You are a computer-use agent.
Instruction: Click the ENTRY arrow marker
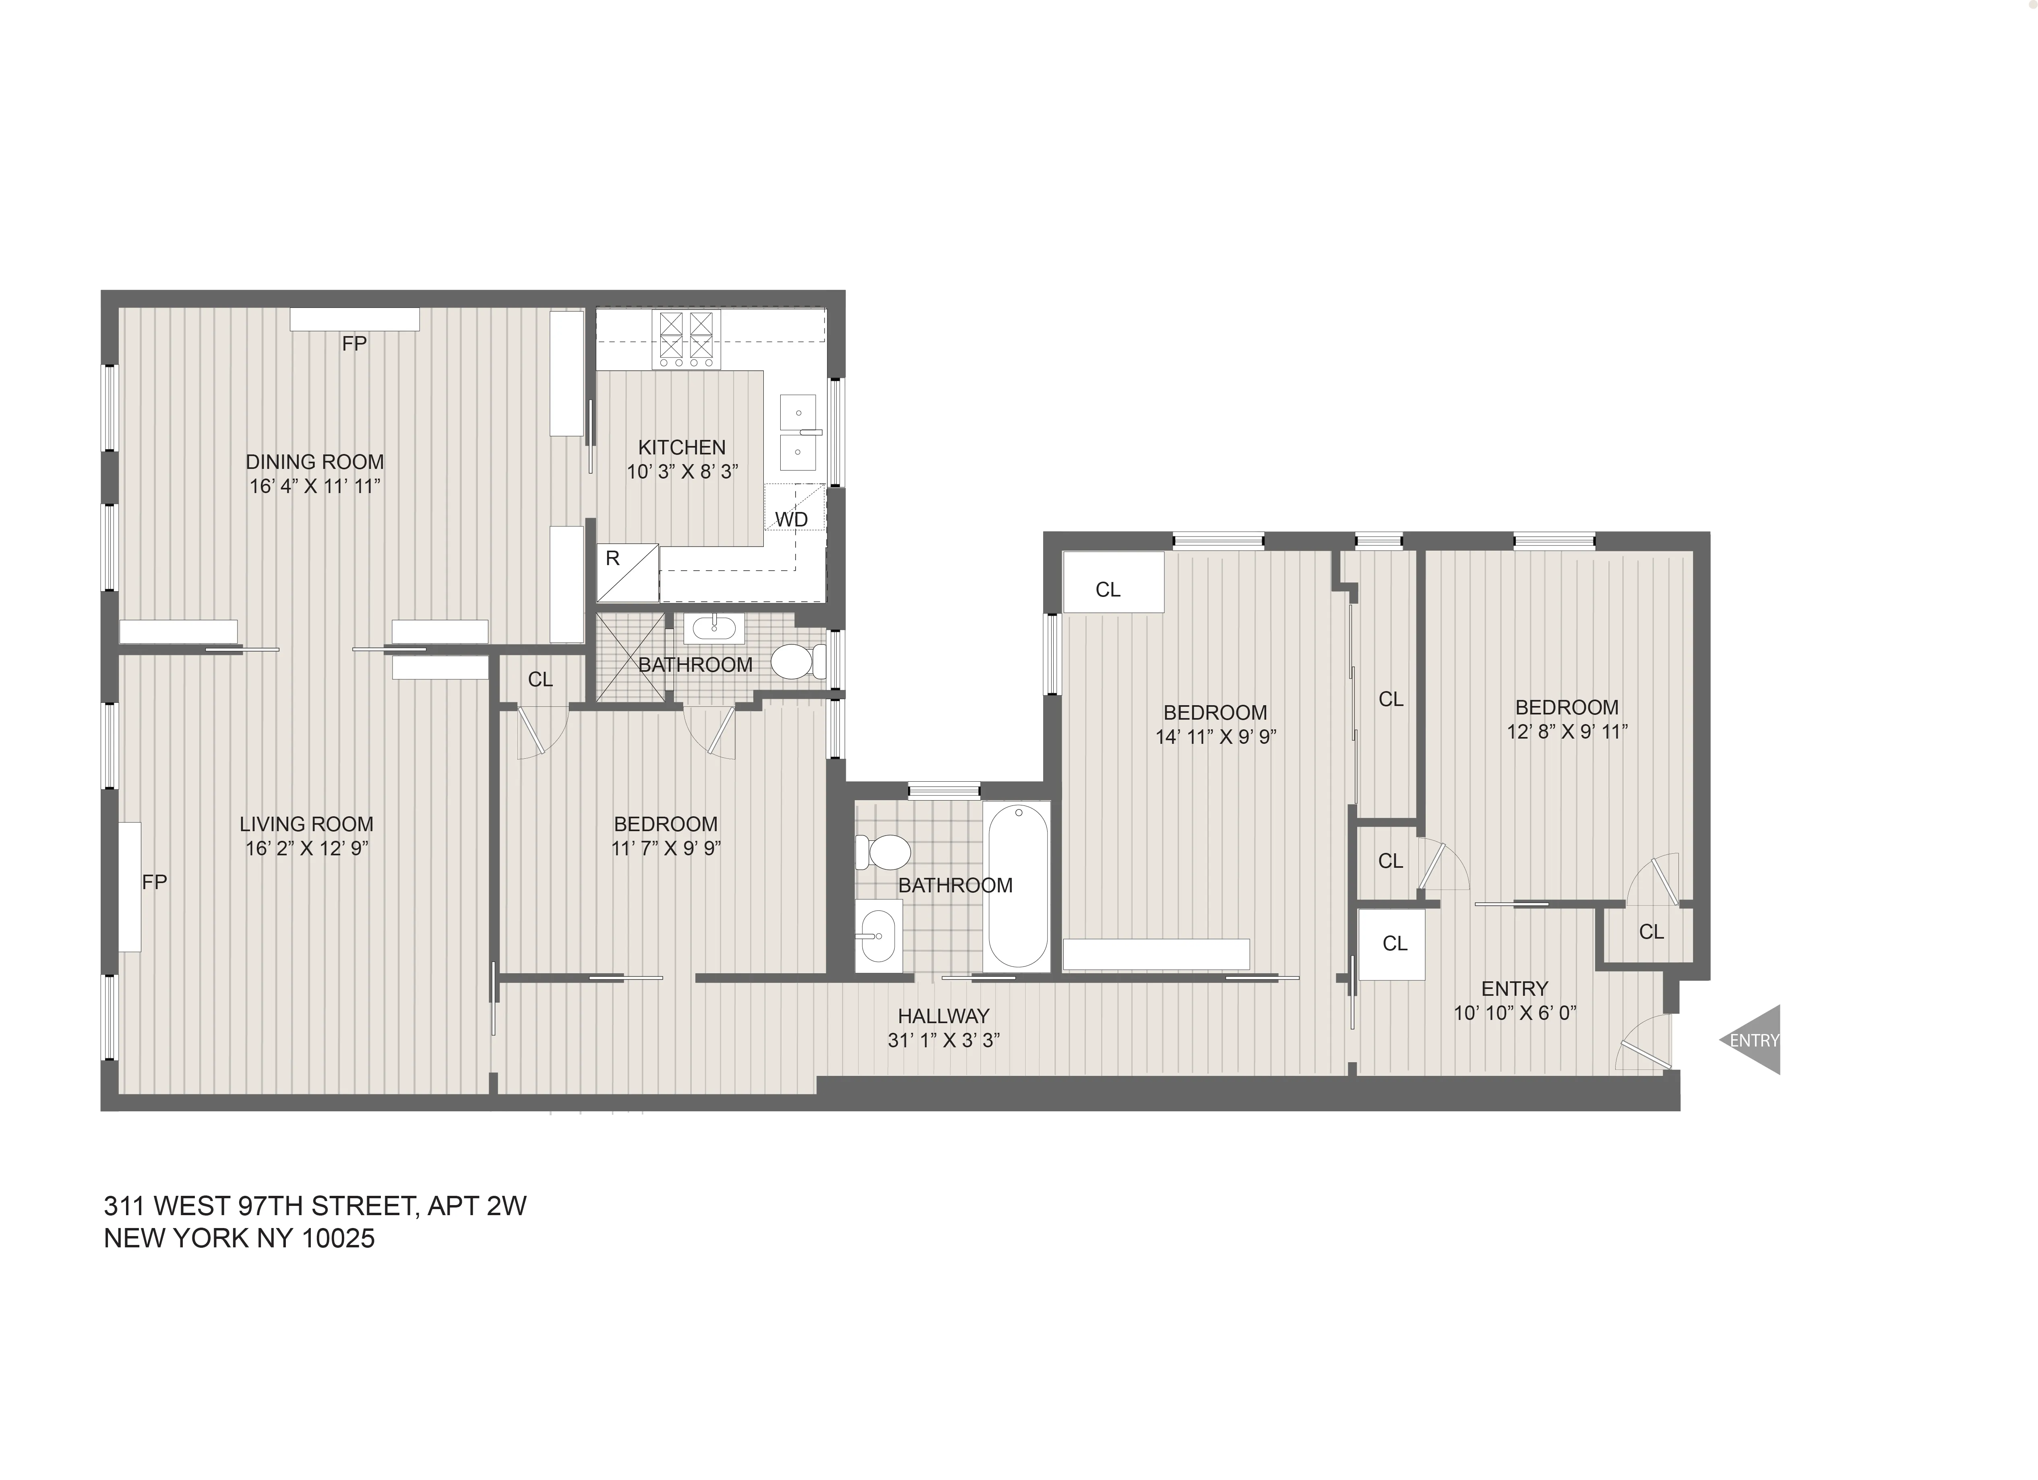tap(1752, 1040)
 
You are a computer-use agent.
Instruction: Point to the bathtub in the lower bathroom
tap(1017, 885)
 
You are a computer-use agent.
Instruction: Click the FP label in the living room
tap(155, 882)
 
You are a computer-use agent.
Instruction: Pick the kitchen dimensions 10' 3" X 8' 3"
tap(682, 472)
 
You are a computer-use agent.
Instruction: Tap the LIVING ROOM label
tap(306, 824)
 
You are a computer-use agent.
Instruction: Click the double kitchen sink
tap(798, 432)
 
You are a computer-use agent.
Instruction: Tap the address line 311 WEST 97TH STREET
tap(314, 1205)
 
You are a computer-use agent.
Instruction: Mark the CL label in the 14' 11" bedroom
tap(1108, 590)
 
